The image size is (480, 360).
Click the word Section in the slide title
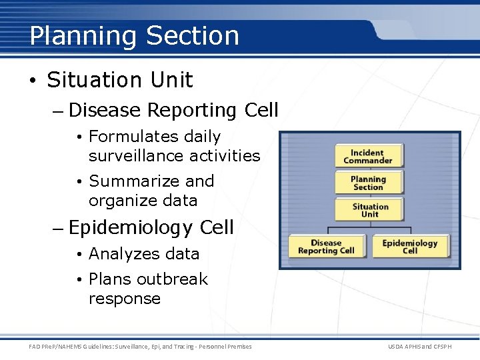pyautogui.click(x=192, y=36)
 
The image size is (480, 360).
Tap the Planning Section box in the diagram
pyautogui.click(x=368, y=183)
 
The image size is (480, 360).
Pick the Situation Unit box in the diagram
pyautogui.click(x=370, y=211)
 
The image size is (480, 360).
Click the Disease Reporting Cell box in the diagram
pyautogui.click(x=326, y=247)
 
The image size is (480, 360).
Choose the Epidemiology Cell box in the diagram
pyautogui.click(x=410, y=247)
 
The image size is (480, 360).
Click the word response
pyautogui.click(x=125, y=299)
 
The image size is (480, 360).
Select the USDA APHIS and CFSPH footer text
pyautogui.click(x=419, y=347)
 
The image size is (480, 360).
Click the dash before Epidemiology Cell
pyautogui.click(x=57, y=228)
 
